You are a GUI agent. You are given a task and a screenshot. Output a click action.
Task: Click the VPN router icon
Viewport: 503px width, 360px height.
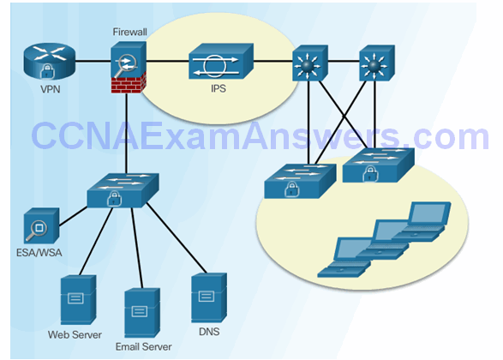pos(50,62)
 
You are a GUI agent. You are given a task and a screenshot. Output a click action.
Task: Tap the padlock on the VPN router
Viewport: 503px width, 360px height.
pos(47,71)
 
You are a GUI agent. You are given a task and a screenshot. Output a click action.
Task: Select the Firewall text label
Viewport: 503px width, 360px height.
pos(129,32)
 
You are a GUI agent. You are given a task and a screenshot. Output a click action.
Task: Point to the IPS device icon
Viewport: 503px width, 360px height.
pos(221,61)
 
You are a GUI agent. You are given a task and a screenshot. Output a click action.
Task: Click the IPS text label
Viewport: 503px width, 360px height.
pos(219,88)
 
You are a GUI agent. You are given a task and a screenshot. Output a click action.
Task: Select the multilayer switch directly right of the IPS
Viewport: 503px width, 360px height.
pos(310,63)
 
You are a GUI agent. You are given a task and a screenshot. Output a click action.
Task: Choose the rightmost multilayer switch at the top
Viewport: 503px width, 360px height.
pos(377,63)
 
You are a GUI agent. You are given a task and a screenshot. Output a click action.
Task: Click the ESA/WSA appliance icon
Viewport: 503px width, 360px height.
pos(41,225)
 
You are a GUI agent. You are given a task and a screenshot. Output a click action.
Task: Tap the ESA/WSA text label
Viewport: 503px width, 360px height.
pos(39,253)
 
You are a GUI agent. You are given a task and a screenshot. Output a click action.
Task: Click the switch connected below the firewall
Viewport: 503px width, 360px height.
pos(123,190)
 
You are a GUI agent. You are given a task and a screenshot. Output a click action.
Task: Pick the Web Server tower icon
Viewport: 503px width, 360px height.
pos(78,300)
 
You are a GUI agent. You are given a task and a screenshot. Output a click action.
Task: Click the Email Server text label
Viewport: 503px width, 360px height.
pos(143,346)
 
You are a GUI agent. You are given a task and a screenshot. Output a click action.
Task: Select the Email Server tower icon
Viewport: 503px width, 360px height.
pos(142,313)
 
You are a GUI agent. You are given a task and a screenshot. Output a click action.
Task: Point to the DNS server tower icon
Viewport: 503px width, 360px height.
pos(209,297)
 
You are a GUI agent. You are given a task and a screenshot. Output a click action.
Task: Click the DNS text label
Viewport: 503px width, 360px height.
pos(209,332)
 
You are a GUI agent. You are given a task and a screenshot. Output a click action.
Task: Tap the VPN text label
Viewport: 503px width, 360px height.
pos(50,89)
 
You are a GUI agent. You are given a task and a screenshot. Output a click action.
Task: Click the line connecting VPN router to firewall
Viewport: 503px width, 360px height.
pos(93,61)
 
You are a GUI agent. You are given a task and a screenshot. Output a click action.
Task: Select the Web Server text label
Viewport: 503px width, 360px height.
pos(75,334)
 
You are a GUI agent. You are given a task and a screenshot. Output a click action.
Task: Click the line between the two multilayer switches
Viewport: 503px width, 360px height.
pos(344,61)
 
